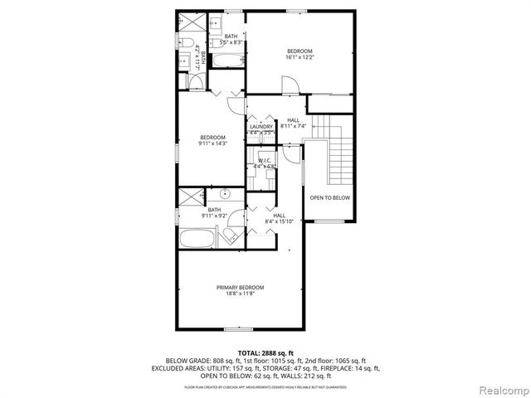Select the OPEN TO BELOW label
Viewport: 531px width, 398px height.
(x=330, y=198)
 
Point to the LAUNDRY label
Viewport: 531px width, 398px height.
(x=261, y=126)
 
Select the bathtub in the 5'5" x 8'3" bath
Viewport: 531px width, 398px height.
(x=226, y=61)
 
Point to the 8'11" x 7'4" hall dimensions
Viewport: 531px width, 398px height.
(x=294, y=127)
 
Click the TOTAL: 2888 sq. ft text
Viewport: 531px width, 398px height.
(x=265, y=353)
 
